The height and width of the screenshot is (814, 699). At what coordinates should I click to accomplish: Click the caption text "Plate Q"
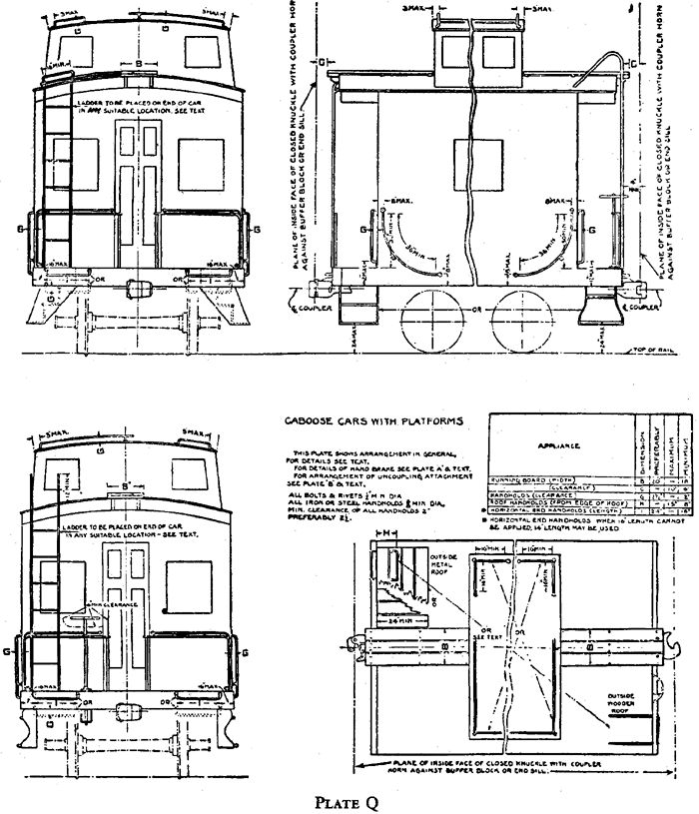click(x=356, y=801)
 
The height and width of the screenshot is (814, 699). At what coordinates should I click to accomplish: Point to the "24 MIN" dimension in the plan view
click(x=404, y=621)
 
